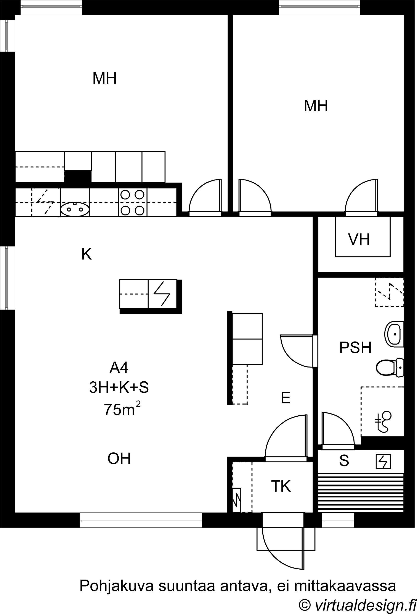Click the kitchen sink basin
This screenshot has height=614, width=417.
(75, 209)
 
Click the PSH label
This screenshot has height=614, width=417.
(355, 347)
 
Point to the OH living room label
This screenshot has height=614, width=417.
(119, 459)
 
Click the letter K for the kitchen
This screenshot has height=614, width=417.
(87, 254)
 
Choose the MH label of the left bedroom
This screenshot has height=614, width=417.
(104, 78)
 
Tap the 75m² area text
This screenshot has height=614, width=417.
(122, 409)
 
